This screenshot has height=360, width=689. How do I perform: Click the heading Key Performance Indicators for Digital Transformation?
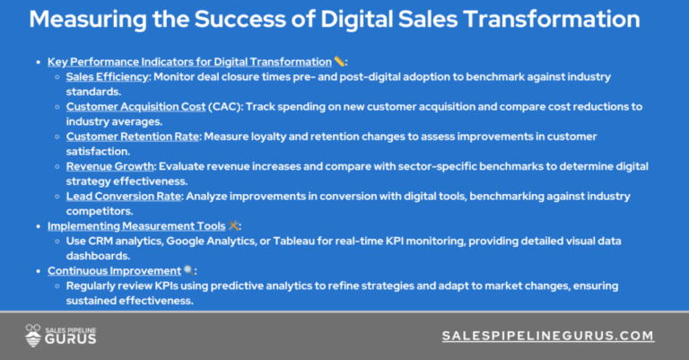click(189, 62)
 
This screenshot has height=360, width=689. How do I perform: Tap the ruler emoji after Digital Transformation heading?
click(339, 62)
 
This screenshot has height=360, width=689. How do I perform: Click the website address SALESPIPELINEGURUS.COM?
click(548, 335)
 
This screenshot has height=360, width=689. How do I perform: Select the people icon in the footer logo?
click(32, 335)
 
